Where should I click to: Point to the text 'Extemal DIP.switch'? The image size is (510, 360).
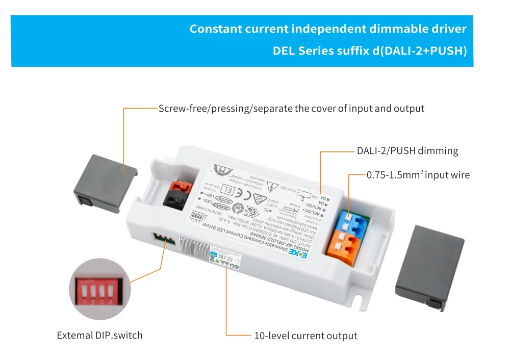(99, 335)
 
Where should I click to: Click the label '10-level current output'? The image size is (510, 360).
(305, 336)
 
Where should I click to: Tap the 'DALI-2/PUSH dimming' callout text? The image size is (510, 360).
(407, 151)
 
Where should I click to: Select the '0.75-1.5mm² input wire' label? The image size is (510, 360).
(418, 175)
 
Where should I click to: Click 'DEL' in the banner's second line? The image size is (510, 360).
(284, 51)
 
